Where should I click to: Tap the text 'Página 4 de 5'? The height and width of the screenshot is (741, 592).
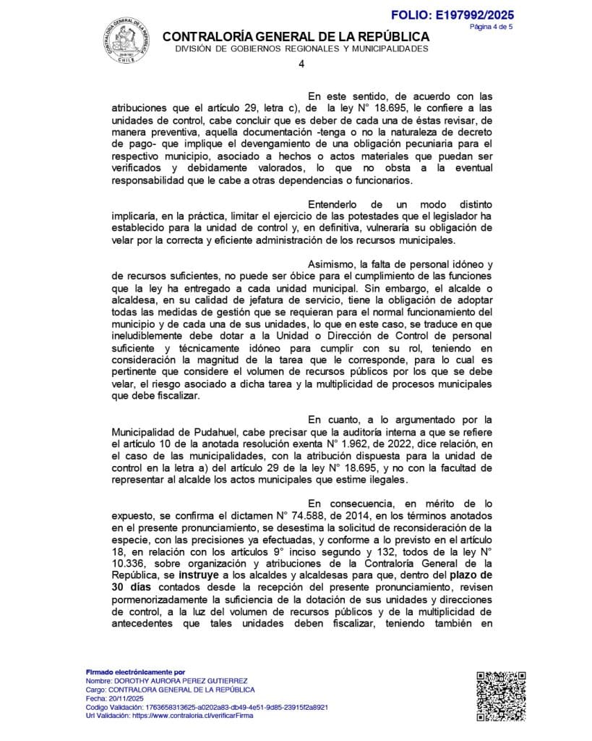pos(491,27)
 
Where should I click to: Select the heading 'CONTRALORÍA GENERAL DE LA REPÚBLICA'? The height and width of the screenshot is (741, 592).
pos(296,37)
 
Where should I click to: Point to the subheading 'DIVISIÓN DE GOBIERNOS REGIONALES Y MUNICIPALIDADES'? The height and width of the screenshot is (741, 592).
pos(301,48)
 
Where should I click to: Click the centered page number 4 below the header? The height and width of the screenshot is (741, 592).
pos(301,64)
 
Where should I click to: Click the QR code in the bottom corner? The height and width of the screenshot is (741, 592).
pos(500,696)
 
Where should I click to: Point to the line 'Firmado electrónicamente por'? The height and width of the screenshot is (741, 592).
pos(135,672)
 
